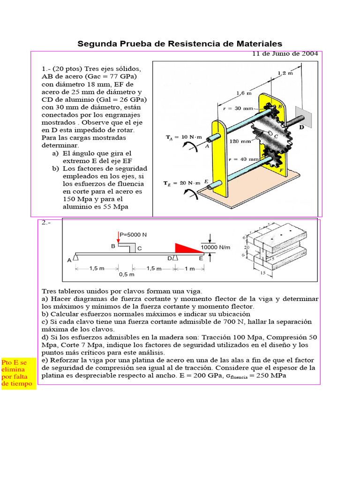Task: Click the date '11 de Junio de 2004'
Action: click(x=285, y=53)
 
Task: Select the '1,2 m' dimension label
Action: click(x=285, y=73)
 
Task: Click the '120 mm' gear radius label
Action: click(x=239, y=140)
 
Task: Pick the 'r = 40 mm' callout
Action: click(x=243, y=159)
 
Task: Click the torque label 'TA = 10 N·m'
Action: click(x=184, y=137)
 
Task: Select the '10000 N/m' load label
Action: click(x=215, y=247)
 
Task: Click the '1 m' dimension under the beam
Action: click(x=189, y=269)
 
